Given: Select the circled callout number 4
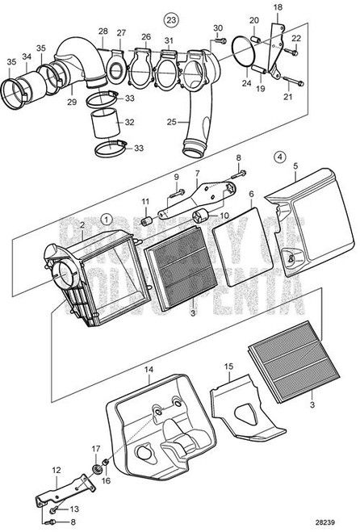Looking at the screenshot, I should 278,170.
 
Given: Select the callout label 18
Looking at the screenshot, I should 279,6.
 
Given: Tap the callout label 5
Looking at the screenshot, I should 295,166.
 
